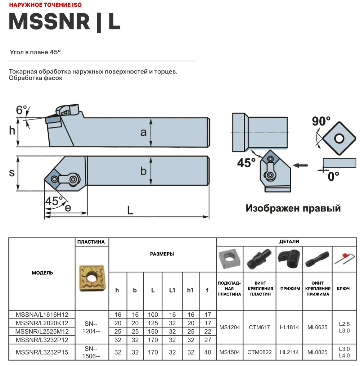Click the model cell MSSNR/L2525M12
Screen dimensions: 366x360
pyautogui.click(x=42, y=331)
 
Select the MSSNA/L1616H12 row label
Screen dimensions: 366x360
pyautogui.click(x=42, y=315)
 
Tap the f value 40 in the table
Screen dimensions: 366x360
pyautogui.click(x=208, y=352)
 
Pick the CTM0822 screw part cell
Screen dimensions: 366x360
pyautogui.click(x=259, y=352)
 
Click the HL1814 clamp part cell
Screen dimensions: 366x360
pyautogui.click(x=289, y=327)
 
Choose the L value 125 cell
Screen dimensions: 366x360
pyautogui.click(x=153, y=323)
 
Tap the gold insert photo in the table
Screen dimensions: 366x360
pyautogui.click(x=92, y=277)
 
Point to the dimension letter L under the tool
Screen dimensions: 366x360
pyautogui.click(x=130, y=210)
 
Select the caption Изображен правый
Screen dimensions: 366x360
pyautogui.click(x=293, y=208)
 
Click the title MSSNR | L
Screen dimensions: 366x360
pyautogui.click(x=64, y=22)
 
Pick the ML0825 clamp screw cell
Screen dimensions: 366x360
pyautogui.click(x=317, y=352)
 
